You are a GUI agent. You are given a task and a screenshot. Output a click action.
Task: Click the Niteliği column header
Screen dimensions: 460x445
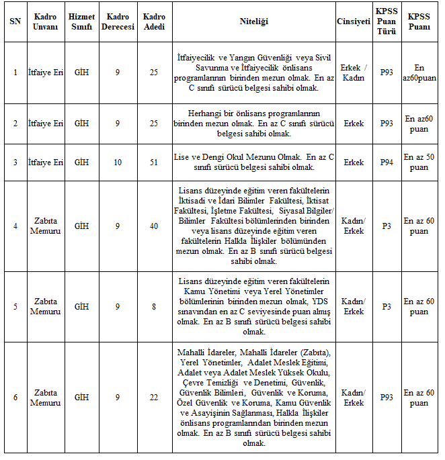(x=253, y=21)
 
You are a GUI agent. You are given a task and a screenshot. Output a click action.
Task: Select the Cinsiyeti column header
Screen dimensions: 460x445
(x=353, y=21)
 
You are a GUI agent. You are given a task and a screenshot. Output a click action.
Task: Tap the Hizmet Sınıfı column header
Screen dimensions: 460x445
(x=81, y=21)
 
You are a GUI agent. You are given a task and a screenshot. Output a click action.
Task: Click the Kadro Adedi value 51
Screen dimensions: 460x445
(x=154, y=163)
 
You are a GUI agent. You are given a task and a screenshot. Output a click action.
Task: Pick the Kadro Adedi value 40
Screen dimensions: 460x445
(x=154, y=226)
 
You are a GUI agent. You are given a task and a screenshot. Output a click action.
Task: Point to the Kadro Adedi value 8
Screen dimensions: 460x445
(x=154, y=307)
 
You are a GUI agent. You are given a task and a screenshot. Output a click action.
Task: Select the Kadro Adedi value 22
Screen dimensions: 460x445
(x=154, y=398)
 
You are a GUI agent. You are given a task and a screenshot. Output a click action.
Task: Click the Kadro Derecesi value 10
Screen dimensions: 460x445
(x=117, y=163)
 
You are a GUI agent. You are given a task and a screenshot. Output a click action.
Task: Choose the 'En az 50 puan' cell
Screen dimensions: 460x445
(x=419, y=163)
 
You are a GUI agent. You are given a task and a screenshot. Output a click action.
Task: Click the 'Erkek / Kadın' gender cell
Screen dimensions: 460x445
(x=353, y=73)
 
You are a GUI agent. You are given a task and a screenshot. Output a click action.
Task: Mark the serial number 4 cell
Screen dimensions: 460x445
(x=15, y=226)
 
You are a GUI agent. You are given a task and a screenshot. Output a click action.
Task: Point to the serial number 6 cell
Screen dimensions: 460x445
(x=15, y=398)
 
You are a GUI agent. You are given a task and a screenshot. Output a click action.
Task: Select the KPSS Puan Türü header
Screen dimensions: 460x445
(x=387, y=21)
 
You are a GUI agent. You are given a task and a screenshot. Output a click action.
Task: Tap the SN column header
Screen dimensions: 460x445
(x=15, y=21)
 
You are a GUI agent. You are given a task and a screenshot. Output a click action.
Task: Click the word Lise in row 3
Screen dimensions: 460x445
(x=181, y=157)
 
